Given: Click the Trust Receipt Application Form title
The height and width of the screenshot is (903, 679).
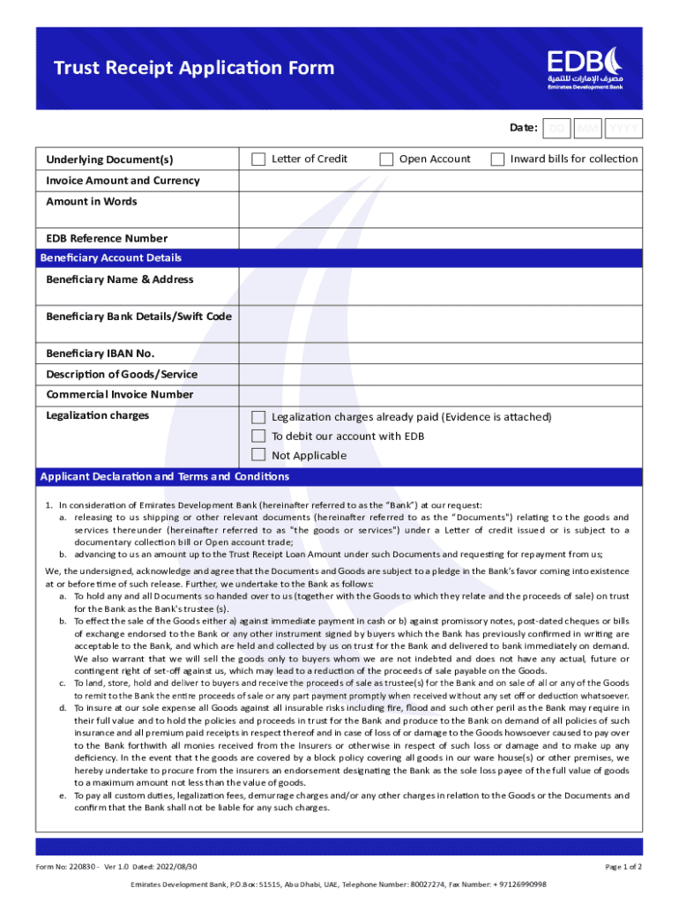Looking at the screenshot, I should click(194, 69).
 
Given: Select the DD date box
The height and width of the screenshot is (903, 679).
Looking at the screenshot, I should click(556, 129).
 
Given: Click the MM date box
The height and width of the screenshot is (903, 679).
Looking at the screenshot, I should click(589, 129).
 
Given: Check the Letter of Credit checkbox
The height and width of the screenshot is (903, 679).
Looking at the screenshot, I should click(258, 160).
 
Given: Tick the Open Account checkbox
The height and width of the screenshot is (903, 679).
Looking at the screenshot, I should click(386, 160).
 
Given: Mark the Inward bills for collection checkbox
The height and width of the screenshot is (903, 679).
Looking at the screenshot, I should click(497, 160).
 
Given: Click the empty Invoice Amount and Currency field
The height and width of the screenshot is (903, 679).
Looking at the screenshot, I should click(442, 181).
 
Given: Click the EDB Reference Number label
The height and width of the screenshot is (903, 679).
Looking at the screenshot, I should click(107, 239).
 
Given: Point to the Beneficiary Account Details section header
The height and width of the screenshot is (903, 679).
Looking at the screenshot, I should click(111, 258).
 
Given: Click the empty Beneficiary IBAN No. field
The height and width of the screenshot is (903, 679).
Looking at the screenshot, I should click(442, 354).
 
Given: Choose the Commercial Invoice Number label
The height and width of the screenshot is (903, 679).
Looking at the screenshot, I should click(120, 395).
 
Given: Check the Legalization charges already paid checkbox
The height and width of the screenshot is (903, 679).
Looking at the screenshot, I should click(258, 417).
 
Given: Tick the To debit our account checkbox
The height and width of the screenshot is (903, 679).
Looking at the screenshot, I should click(258, 437).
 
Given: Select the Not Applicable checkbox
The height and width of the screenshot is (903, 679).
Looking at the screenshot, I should click(258, 455).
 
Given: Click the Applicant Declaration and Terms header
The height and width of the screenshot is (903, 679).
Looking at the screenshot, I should click(165, 477).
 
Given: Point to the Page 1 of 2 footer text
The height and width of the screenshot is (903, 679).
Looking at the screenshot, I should click(623, 867).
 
